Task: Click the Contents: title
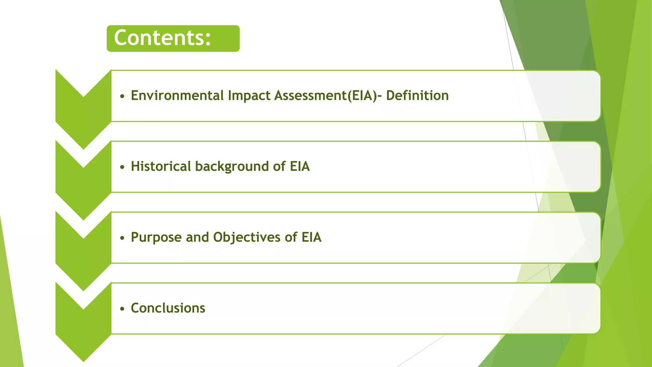[x=162, y=38]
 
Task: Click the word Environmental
[x=177, y=96]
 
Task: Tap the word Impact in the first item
[x=249, y=96]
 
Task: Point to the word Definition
[x=417, y=96]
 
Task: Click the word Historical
[x=161, y=166]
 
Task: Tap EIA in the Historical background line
[x=300, y=166]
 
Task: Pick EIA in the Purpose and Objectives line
[x=311, y=237]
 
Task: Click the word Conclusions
[x=168, y=308]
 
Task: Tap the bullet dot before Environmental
[x=122, y=96]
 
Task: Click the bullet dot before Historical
[x=122, y=167]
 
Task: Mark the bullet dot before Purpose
[x=122, y=238]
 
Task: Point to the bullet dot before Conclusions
[x=122, y=309]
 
